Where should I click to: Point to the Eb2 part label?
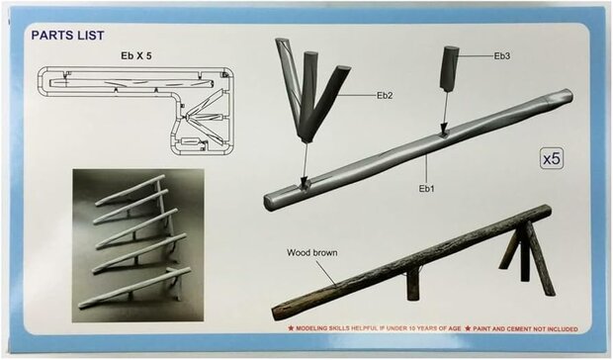(x=384, y=95)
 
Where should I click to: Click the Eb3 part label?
(x=501, y=56)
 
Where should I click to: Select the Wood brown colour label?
(x=312, y=252)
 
